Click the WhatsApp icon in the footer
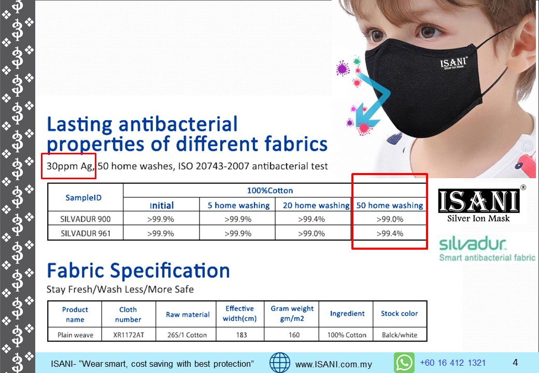pyautogui.click(x=404, y=363)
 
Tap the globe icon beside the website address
pyautogui.click(x=280, y=363)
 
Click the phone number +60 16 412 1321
pyautogui.click(x=453, y=363)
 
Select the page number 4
pyautogui.click(x=515, y=362)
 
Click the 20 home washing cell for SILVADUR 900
pyautogui.click(x=311, y=219)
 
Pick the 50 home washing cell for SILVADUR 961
pyautogui.click(x=390, y=234)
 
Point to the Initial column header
pyautogui.click(x=162, y=205)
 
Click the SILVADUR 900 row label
pyautogui.click(x=85, y=219)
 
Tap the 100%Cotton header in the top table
pyautogui.click(x=270, y=191)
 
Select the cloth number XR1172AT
pyautogui.click(x=129, y=335)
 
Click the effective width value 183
pyautogui.click(x=242, y=335)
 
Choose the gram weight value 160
pyautogui.click(x=294, y=335)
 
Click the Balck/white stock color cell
pyautogui.click(x=400, y=335)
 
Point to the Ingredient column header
pyautogui.click(x=347, y=313)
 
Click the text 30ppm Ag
pyautogui.click(x=69, y=166)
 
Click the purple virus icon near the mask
pyautogui.click(x=343, y=68)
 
